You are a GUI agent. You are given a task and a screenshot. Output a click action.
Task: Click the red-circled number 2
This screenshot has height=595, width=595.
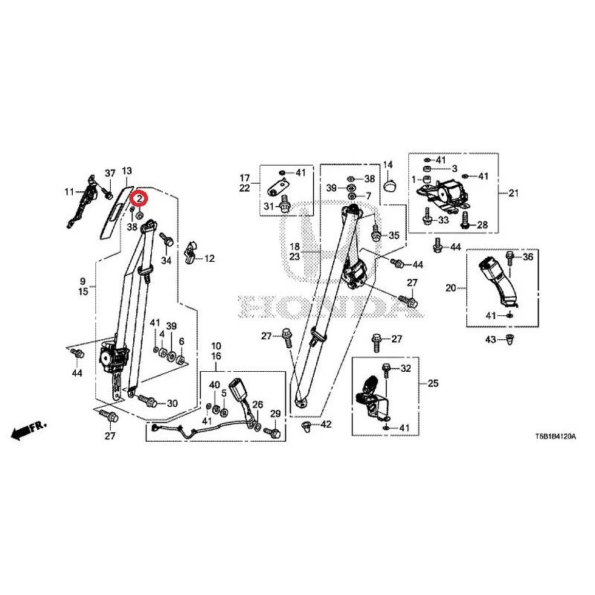(139, 198)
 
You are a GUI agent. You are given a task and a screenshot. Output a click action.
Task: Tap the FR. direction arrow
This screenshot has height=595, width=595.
(28, 429)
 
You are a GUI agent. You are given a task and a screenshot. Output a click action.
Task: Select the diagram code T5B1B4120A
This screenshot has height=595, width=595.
(555, 437)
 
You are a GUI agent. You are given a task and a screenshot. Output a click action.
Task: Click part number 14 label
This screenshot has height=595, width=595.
(387, 164)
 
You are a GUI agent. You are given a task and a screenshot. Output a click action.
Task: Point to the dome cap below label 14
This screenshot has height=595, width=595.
(390, 187)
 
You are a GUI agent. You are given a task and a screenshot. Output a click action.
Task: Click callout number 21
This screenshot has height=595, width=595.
(513, 193)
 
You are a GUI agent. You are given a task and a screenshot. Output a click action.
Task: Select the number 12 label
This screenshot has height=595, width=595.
(210, 258)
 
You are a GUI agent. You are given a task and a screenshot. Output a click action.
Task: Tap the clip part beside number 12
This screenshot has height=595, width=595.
(190, 252)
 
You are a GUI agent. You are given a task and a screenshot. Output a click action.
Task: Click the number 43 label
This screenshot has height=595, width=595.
(491, 339)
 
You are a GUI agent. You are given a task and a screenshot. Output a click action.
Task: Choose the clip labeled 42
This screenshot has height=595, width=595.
(306, 426)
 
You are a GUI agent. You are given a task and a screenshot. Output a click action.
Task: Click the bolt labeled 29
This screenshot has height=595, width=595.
(272, 432)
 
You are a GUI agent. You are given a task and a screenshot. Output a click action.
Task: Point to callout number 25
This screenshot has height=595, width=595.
(433, 383)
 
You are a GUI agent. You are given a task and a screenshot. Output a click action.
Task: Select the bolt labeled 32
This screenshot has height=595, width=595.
(386, 370)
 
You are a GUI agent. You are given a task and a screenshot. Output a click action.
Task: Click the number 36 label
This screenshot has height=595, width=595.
(528, 257)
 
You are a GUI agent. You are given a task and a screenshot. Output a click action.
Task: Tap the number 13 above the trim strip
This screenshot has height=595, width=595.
(126, 171)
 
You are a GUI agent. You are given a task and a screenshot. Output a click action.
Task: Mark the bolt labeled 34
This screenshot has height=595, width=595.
(167, 239)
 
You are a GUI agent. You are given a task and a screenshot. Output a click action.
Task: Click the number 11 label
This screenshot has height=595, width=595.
(69, 192)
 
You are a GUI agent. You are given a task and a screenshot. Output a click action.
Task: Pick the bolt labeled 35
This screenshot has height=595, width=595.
(376, 232)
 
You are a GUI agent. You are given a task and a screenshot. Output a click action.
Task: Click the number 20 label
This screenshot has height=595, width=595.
(451, 288)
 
